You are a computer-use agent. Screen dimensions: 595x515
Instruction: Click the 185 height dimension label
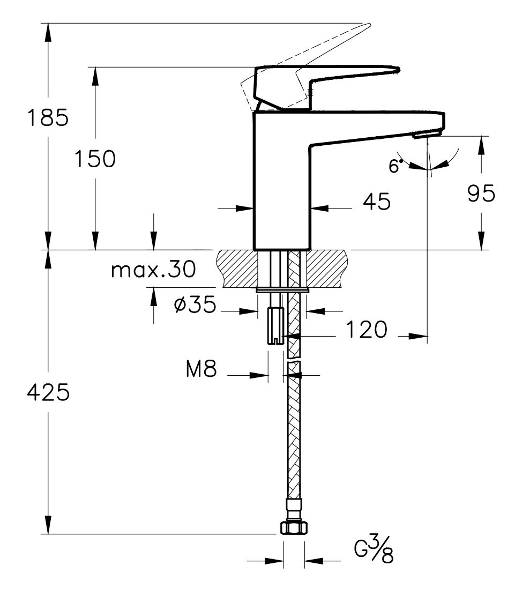pos(48,117)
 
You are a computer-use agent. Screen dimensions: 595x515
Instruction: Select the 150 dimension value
pos(95,159)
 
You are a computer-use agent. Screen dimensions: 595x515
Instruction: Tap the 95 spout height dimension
pos(481,194)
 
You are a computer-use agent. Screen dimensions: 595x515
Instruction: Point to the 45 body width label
pos(377,202)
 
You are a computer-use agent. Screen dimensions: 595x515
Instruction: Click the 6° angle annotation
pos(394,167)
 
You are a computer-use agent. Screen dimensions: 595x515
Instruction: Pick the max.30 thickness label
pos(153,270)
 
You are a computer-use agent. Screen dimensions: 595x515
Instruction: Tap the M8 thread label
pos(201,369)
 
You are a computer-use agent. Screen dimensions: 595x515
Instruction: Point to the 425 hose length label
pos(48,393)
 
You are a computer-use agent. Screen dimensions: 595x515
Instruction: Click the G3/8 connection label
pos(375,551)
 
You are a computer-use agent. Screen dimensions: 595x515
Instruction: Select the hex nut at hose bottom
pos(293,528)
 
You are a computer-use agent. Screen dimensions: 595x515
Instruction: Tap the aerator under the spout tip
pos(420,136)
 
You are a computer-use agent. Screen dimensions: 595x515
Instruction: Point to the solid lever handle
pos(327,75)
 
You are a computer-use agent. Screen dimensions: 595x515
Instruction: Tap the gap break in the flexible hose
pos(293,361)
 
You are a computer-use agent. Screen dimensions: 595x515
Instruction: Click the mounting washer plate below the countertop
pos(282,291)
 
